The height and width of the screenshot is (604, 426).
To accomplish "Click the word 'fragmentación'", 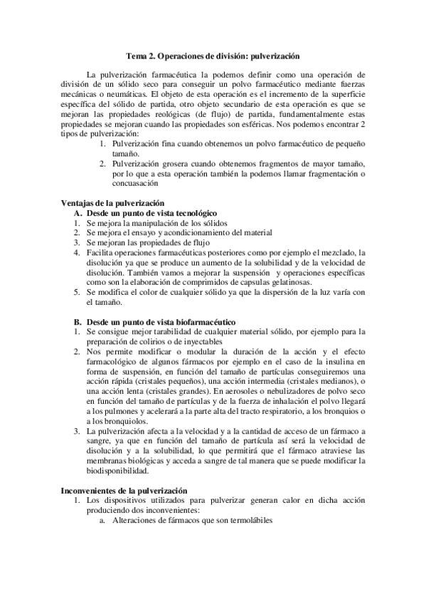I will pos(326,174).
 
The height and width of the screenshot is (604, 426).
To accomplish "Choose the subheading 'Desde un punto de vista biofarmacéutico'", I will pos(161,322).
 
